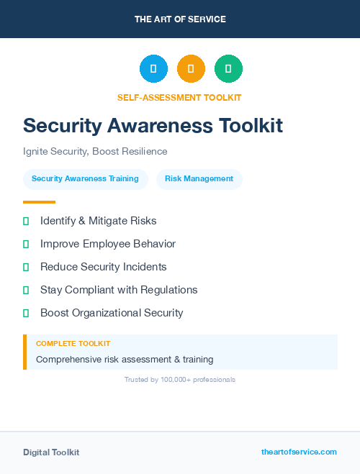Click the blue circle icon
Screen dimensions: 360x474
pos(153,69)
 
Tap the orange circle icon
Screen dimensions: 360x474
pos(191,69)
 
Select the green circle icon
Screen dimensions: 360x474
pos(228,69)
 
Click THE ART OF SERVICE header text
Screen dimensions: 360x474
pos(180,19)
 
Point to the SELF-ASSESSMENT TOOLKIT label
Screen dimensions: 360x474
pos(179,97)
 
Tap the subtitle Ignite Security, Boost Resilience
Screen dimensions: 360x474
pos(95,151)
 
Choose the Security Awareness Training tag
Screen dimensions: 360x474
pos(85,178)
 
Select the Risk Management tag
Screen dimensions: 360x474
pos(199,178)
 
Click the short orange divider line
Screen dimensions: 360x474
pos(39,202)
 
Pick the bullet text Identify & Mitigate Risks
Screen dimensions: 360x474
pos(98,221)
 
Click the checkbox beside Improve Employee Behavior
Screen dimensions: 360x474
pos(26,245)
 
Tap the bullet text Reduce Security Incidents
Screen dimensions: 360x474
pos(103,267)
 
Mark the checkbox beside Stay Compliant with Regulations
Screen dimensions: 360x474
pos(26,291)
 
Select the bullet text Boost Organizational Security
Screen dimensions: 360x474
pos(112,313)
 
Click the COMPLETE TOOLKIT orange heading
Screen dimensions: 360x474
pos(73,344)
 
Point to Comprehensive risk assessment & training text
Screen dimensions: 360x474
pos(125,359)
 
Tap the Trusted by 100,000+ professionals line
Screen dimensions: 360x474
pos(180,379)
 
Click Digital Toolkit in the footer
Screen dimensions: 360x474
pos(51,452)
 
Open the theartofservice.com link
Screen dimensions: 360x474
pos(299,452)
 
